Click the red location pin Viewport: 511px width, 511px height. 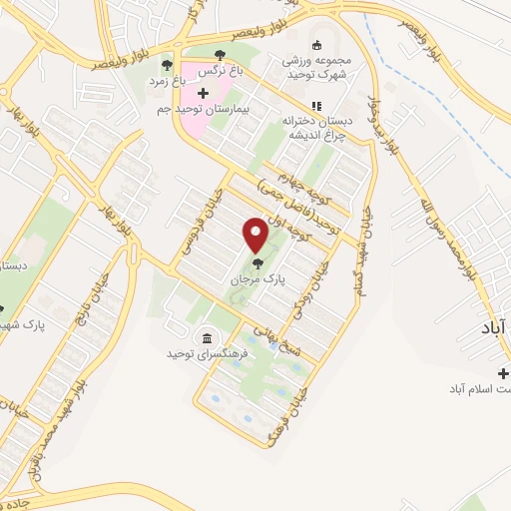point(255,233)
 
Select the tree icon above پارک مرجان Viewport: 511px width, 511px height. point(258,264)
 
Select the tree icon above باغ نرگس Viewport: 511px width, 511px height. point(220,55)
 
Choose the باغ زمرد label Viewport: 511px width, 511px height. point(165,80)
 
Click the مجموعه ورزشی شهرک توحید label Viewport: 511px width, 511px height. point(317,65)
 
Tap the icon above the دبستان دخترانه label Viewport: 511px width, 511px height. point(316,105)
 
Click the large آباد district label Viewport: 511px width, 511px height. point(493,326)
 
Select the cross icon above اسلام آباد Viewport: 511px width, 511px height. point(502,373)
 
